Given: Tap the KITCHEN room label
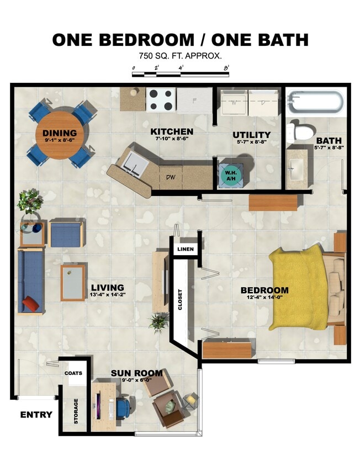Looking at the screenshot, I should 172,132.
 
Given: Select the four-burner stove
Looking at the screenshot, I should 161,100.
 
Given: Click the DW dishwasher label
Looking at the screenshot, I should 171,178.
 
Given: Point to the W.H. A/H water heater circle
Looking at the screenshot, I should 229,174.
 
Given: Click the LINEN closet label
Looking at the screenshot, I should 184,250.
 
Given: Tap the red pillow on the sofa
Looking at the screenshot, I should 30,303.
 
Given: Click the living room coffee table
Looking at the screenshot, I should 73,283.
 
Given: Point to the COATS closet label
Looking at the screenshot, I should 73,373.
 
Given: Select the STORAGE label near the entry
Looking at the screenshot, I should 76,411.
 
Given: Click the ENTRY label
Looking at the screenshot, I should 36,415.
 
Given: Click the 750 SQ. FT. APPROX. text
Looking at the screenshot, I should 180,56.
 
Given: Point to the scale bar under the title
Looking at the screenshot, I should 180,71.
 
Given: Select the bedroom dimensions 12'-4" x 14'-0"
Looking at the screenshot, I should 264,298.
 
